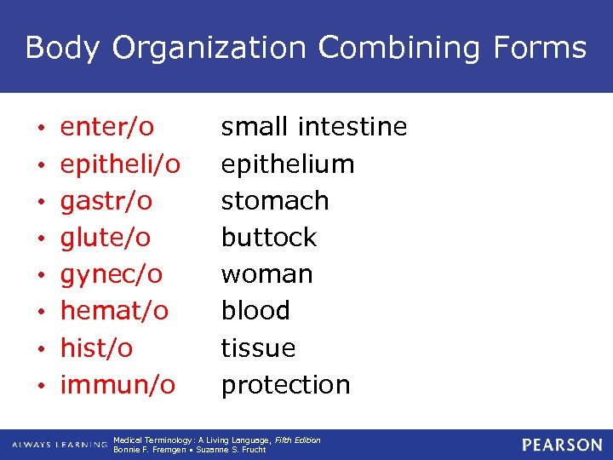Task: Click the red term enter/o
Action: coord(106,128)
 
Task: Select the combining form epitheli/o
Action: coord(120,164)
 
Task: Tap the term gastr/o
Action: coord(106,201)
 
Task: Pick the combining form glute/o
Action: coord(105,238)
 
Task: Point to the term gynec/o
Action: coord(111,274)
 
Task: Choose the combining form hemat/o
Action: coord(114,311)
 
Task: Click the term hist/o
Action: coord(96,348)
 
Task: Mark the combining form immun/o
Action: coord(117,384)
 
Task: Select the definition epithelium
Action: coord(288,164)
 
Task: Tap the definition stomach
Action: coord(275,201)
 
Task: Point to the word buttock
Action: coord(269,238)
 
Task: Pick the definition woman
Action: coord(267,274)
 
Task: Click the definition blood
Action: coord(255,311)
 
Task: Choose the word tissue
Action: coord(258,348)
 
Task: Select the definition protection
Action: coord(285,385)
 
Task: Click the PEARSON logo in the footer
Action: coord(562,445)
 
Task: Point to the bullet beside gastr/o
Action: coord(42,202)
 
